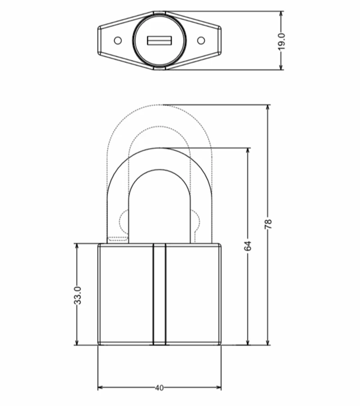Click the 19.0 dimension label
(x=281, y=41)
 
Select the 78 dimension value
(x=269, y=224)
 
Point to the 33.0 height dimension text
(x=77, y=295)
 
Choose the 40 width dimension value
(x=159, y=388)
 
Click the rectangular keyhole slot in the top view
(x=159, y=41)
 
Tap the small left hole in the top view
(x=118, y=41)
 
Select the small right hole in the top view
(x=201, y=41)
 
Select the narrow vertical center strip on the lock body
(x=159, y=295)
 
